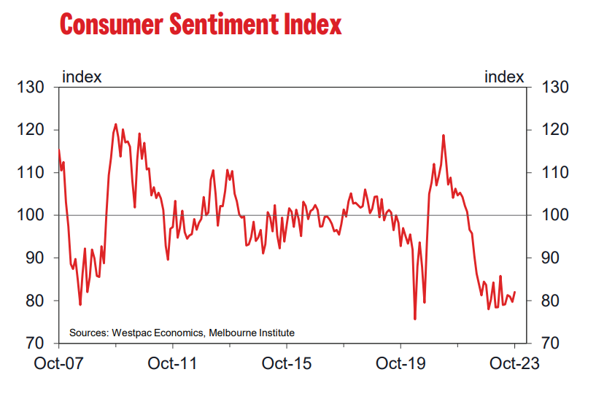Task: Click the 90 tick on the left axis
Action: click(34, 258)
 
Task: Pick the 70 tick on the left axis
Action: click(34, 343)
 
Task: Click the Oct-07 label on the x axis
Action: click(58, 363)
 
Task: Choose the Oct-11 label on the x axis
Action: click(172, 363)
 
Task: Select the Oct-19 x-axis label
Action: click(400, 363)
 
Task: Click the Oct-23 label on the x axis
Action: click(514, 363)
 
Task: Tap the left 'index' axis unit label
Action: click(82, 76)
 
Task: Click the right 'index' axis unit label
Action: click(504, 76)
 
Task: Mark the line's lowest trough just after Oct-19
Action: click(415, 319)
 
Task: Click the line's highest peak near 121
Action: click(116, 125)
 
